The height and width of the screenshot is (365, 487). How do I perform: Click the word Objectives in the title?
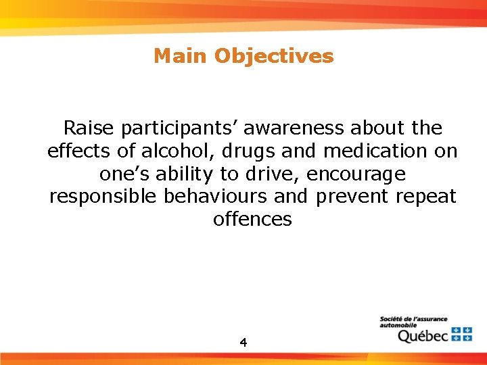(x=274, y=56)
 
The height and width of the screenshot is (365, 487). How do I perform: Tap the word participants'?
(x=188, y=128)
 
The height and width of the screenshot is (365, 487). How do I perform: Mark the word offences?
(x=252, y=220)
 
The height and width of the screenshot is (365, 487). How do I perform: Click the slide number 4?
(x=243, y=343)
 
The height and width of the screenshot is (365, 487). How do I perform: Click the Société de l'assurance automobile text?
(x=413, y=322)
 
